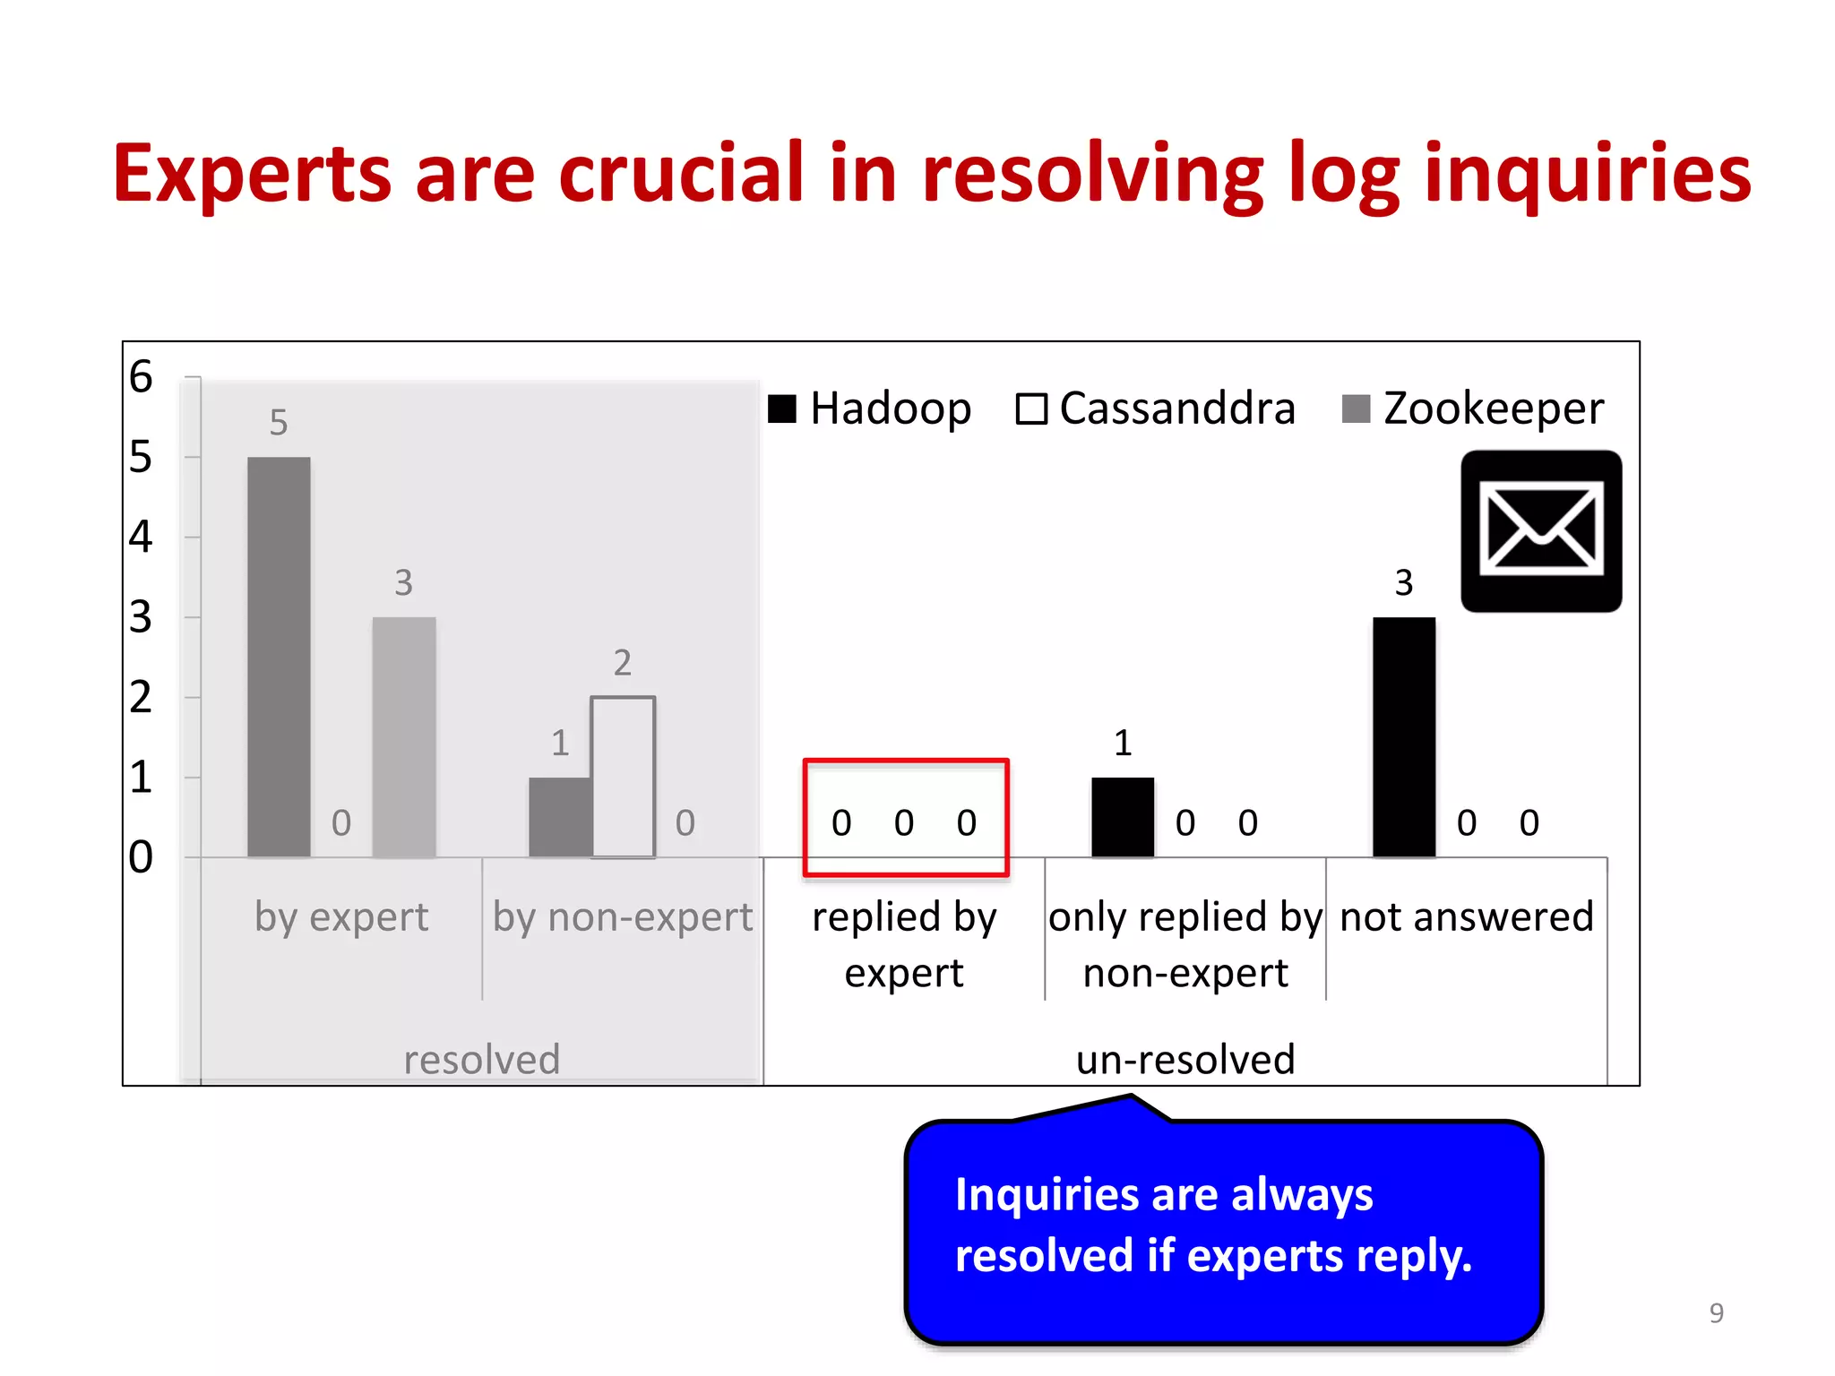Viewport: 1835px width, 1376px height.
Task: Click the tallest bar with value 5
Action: [279, 657]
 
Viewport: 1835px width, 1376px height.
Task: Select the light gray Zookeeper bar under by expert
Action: [404, 736]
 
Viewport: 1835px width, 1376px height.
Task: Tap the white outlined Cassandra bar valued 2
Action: [623, 777]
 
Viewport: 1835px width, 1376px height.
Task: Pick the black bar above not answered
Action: [1403, 736]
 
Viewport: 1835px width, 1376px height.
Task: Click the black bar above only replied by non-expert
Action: [1122, 816]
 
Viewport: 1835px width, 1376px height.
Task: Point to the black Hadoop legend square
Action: [782, 408]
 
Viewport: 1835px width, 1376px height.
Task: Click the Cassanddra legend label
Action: [1176, 408]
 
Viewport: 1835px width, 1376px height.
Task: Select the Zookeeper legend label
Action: [1493, 408]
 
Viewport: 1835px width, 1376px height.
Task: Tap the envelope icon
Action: [1540, 531]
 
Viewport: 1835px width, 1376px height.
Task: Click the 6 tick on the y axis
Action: [141, 376]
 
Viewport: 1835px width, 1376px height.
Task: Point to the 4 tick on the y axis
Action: [141, 537]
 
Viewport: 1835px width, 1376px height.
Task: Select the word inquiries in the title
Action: [1587, 173]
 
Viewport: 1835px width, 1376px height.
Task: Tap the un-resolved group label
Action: [1185, 1059]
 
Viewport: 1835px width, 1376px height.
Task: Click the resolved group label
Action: [481, 1059]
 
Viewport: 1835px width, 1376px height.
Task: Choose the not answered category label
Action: [1466, 916]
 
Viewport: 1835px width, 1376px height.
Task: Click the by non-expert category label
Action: [623, 916]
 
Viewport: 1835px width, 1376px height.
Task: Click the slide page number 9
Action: [1716, 1312]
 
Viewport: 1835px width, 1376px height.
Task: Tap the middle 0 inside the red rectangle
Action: [903, 822]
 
